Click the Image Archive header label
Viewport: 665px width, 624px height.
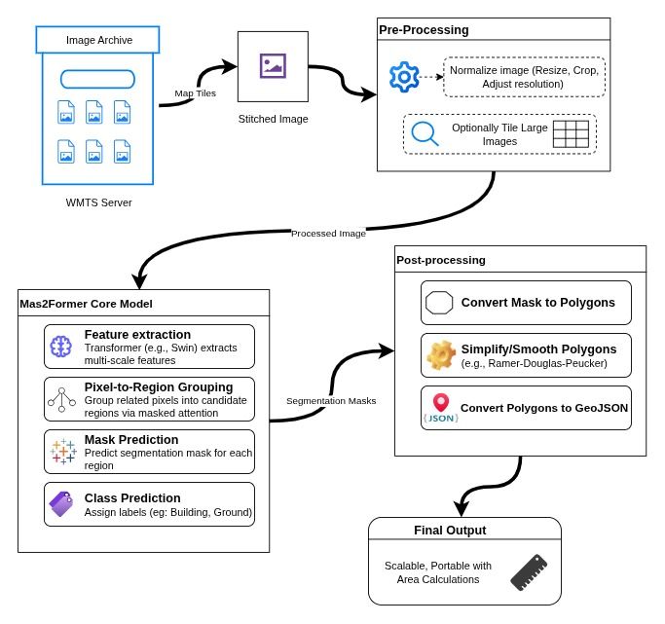coord(98,40)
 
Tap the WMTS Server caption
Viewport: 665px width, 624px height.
coord(98,202)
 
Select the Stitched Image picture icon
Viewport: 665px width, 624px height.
coord(273,65)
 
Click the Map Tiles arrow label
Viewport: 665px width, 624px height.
coord(195,93)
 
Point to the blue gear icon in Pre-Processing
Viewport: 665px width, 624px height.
coord(403,76)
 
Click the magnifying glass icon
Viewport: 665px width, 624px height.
coord(425,133)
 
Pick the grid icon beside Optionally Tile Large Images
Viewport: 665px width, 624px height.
coord(571,134)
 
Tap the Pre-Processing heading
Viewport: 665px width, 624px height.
coord(424,30)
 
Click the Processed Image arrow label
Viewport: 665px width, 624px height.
coord(328,234)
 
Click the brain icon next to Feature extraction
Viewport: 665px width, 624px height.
coord(62,346)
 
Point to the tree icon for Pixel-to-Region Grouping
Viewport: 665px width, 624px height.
coord(62,398)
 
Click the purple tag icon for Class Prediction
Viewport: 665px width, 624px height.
coord(61,503)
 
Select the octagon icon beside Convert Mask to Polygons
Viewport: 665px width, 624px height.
coord(439,303)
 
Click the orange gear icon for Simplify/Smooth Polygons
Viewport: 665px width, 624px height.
coord(441,355)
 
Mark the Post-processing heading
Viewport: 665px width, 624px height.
coord(441,260)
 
